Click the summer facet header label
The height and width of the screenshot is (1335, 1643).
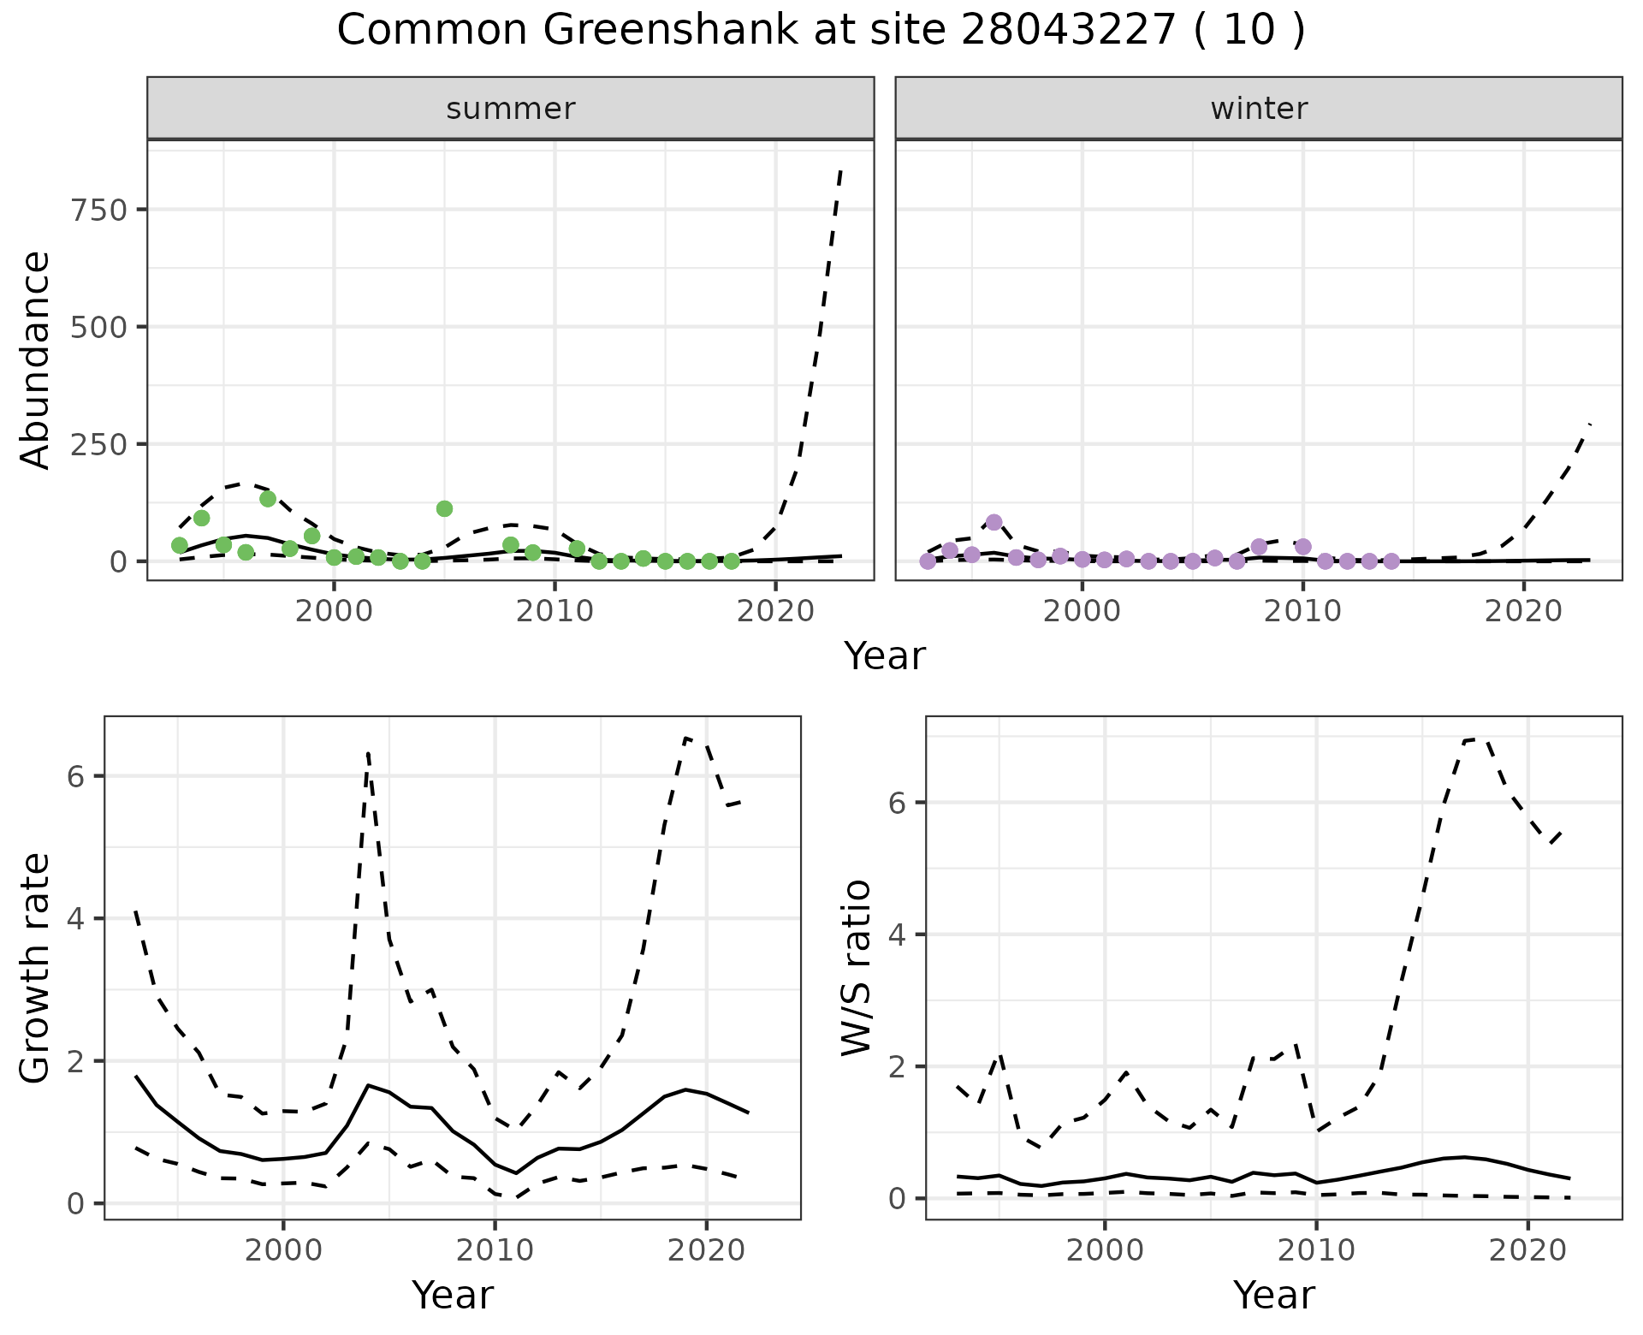click(x=511, y=109)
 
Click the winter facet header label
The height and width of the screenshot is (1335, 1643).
click(x=1259, y=109)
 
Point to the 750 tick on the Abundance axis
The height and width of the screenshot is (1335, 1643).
click(x=99, y=210)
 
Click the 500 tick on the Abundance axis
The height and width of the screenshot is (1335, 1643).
click(x=99, y=327)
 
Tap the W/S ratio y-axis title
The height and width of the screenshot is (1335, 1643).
click(x=856, y=967)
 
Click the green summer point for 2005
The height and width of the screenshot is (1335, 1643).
click(x=444, y=508)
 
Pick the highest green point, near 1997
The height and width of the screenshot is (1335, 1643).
click(x=268, y=499)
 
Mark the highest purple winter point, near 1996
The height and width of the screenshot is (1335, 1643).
click(x=994, y=522)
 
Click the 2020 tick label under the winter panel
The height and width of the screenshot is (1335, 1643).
click(x=1523, y=611)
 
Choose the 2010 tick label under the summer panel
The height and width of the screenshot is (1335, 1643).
click(x=555, y=611)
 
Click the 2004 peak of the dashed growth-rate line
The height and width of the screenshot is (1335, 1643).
click(x=368, y=753)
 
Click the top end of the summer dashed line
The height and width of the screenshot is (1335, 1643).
click(x=841, y=170)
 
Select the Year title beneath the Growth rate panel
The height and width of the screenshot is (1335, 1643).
click(x=453, y=1295)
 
